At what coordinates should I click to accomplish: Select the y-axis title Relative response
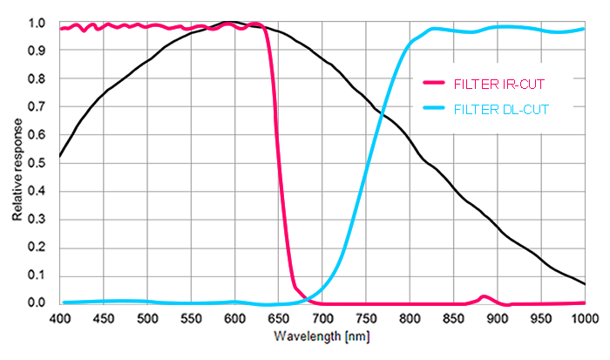click(x=17, y=164)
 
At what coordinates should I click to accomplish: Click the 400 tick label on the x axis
click(x=60, y=318)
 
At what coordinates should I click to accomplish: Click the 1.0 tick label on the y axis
click(x=36, y=24)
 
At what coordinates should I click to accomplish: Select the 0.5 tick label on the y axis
click(x=36, y=163)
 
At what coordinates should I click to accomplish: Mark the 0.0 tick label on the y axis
click(x=36, y=302)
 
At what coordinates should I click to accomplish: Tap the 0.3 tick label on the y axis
click(x=36, y=219)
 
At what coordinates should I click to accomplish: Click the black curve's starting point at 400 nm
click(x=60, y=156)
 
